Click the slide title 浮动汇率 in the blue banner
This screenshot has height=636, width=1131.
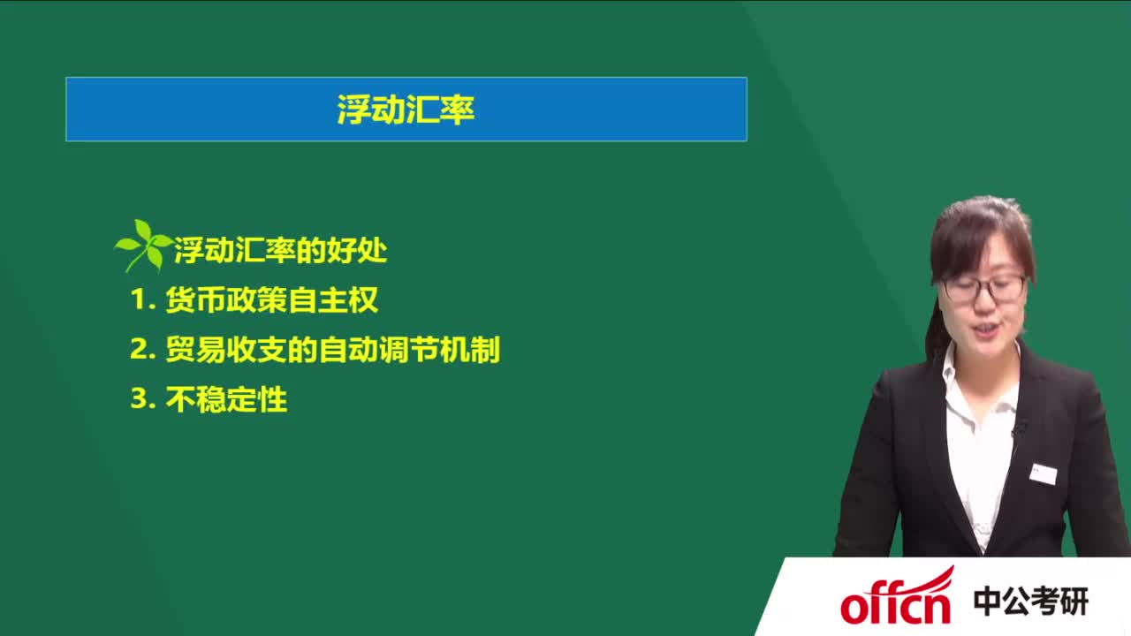coord(406,110)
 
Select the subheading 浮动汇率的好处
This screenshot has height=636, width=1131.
coord(280,251)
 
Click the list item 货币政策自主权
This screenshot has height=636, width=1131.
coord(271,300)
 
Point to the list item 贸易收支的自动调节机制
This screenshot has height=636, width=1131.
coord(332,350)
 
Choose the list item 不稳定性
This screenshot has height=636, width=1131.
coord(226,399)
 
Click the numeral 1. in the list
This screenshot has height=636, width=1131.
coord(141,300)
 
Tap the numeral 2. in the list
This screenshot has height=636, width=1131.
coord(141,350)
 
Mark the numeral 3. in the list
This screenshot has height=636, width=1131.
coord(141,399)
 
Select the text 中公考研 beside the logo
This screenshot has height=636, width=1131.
coord(1030,602)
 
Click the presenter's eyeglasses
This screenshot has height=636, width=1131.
coord(983,287)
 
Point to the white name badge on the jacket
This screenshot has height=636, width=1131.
coord(1044,473)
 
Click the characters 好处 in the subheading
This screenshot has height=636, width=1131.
coord(362,251)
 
